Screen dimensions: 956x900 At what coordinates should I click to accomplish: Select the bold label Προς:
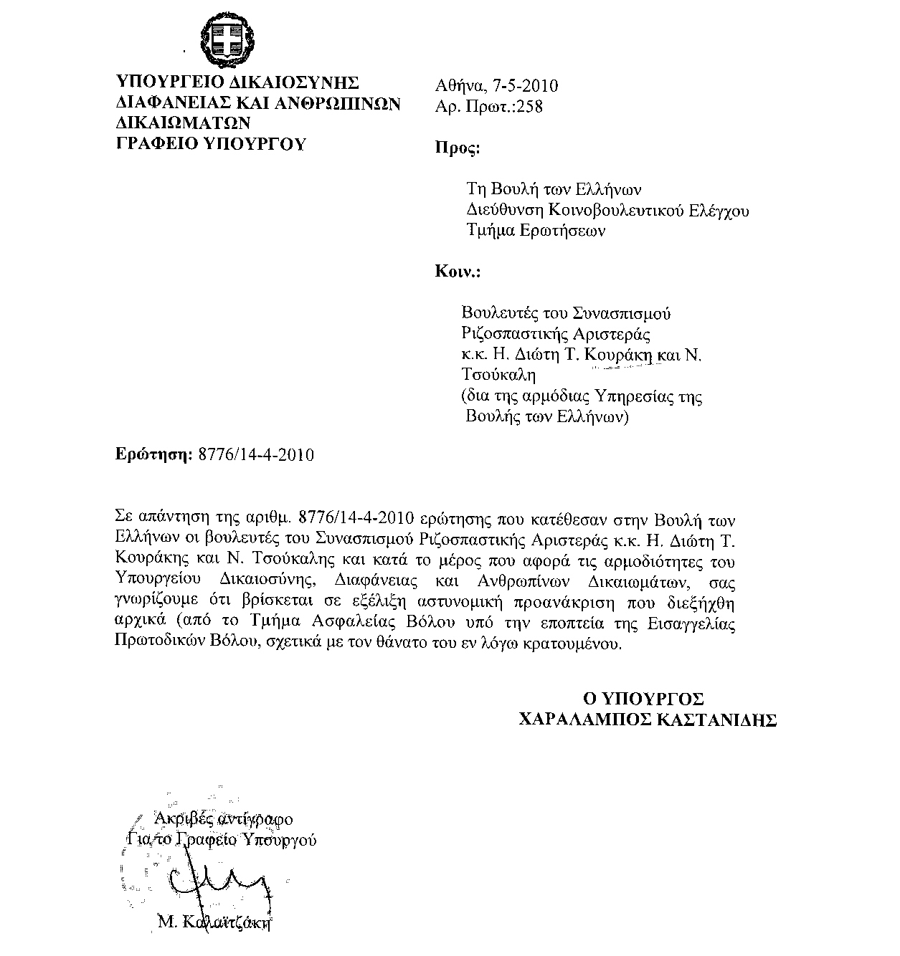pos(458,149)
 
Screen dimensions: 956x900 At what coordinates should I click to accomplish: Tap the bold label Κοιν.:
pos(458,272)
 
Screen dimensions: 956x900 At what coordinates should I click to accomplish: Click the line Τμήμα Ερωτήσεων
pos(536,231)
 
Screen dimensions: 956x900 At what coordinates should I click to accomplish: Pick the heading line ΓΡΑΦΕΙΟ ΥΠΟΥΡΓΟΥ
pos(211,143)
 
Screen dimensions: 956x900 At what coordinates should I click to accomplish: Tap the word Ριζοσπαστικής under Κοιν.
pos(512,334)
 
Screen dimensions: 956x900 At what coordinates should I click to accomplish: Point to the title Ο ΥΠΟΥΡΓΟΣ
pos(642,699)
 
